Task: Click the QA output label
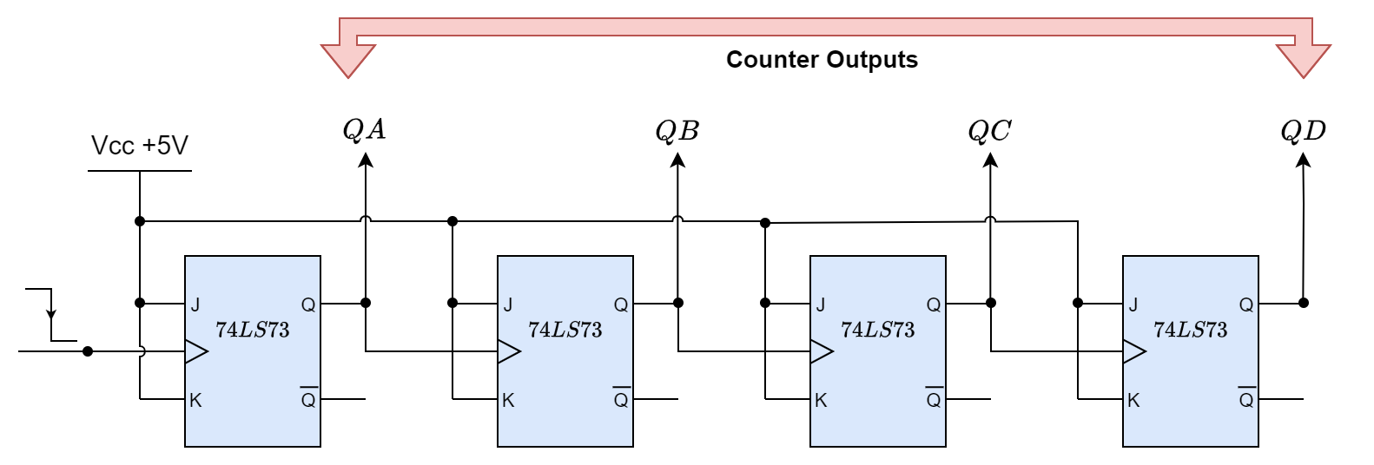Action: [365, 130]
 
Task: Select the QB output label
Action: [677, 131]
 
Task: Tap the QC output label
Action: [989, 131]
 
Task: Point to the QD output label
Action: [1303, 131]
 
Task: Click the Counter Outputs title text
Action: [822, 60]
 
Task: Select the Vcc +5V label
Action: [140, 146]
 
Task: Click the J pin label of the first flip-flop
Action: [195, 305]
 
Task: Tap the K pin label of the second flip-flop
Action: [508, 401]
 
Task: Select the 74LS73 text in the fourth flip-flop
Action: [1190, 330]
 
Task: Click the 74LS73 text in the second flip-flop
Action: [565, 330]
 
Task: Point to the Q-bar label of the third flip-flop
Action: [934, 399]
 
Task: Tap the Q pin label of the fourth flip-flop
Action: [1246, 305]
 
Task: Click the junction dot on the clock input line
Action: [88, 351]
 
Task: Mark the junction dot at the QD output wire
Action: [1304, 303]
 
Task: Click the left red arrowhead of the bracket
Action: [348, 60]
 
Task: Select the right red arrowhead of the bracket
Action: [1304, 60]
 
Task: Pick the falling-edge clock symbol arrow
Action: [51, 313]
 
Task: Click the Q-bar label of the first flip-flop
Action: [308, 399]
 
